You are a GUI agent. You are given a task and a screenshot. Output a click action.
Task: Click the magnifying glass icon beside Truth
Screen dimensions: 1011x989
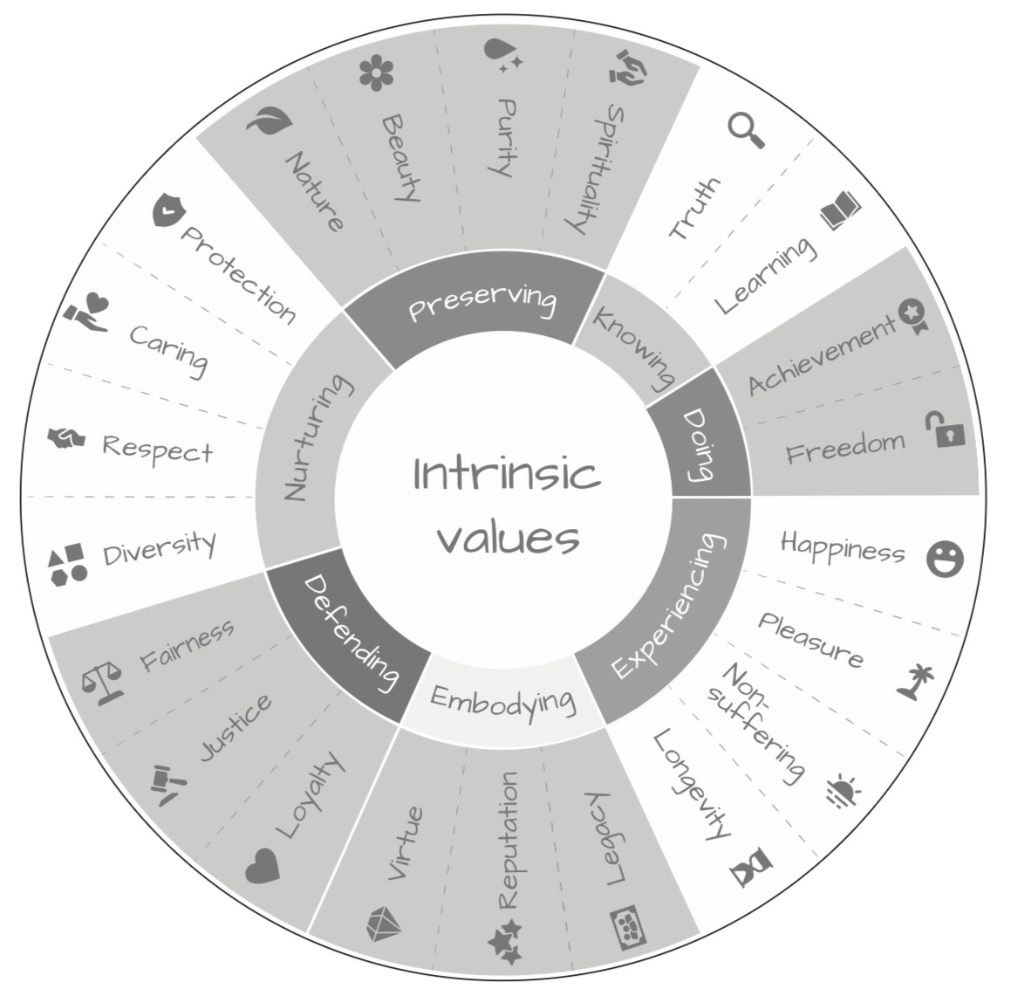(x=746, y=130)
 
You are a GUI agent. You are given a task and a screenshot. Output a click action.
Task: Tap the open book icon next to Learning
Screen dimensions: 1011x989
(x=841, y=209)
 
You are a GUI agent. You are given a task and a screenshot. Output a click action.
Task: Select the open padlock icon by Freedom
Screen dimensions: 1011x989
(x=946, y=429)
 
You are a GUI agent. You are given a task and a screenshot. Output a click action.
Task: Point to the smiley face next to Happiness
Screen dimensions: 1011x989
(x=946, y=559)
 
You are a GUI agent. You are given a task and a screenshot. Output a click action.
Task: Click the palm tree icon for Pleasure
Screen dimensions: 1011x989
(x=916, y=682)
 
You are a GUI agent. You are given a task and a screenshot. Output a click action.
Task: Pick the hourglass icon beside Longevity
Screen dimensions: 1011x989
(x=751, y=867)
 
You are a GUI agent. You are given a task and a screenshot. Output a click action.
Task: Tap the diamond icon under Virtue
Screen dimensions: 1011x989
(x=384, y=924)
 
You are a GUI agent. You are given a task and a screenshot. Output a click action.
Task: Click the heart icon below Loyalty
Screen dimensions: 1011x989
(x=263, y=866)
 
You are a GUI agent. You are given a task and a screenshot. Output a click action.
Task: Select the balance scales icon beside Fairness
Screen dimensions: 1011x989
(x=103, y=682)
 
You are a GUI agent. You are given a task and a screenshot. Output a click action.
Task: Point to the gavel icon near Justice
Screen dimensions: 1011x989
(x=167, y=784)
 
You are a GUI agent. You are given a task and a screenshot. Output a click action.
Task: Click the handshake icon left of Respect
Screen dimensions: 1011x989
(x=65, y=439)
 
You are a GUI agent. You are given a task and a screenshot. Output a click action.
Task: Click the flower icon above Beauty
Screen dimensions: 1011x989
(x=377, y=72)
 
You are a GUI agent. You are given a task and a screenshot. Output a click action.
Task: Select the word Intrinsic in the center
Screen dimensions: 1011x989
(x=507, y=473)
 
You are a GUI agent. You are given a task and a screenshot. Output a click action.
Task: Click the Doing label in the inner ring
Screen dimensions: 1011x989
(x=700, y=444)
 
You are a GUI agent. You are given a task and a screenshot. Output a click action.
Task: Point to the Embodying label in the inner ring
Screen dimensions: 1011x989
(x=503, y=702)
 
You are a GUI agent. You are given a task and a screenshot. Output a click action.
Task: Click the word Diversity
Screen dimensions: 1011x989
(x=160, y=548)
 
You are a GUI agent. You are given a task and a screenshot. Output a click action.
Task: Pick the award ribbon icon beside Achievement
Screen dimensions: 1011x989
(x=914, y=316)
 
